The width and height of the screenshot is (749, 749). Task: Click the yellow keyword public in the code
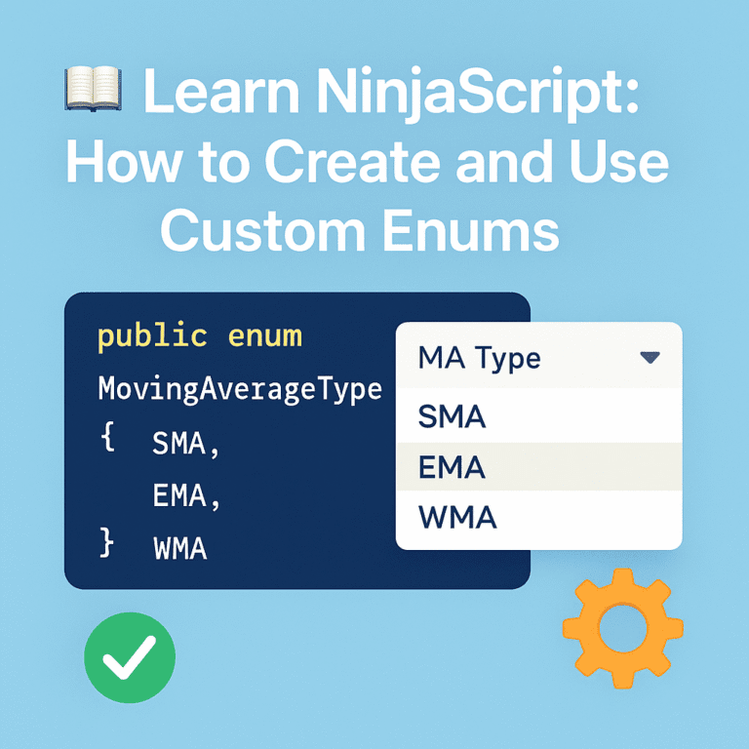pyautogui.click(x=152, y=336)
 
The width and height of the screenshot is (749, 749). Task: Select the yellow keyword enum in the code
pyautogui.click(x=265, y=336)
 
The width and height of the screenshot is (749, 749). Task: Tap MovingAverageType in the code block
pyautogui.click(x=240, y=389)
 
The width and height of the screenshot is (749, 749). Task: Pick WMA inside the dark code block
pyautogui.click(x=180, y=548)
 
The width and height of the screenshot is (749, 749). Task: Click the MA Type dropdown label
pyautogui.click(x=479, y=358)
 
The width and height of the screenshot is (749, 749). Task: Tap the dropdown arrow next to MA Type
pyautogui.click(x=650, y=358)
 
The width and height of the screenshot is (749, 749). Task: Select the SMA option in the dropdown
pyautogui.click(x=452, y=417)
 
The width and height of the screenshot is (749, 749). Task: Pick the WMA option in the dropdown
pyautogui.click(x=456, y=517)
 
